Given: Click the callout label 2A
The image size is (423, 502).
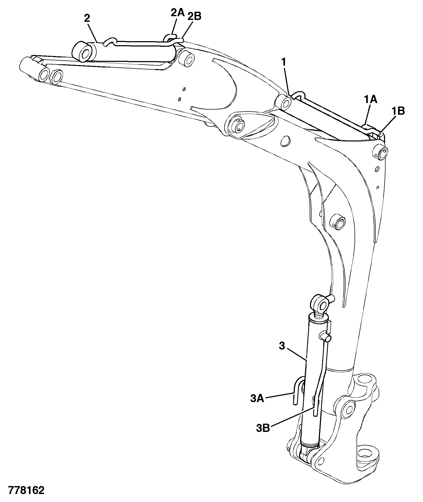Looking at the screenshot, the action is (x=178, y=13).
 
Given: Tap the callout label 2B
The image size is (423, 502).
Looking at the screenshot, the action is (x=195, y=16).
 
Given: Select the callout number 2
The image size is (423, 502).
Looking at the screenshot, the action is (x=87, y=18).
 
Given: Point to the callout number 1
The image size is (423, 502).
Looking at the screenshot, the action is (x=284, y=62).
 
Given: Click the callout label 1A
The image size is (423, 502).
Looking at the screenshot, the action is (x=370, y=100).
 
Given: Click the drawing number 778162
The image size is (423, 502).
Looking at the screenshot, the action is (x=26, y=490).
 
